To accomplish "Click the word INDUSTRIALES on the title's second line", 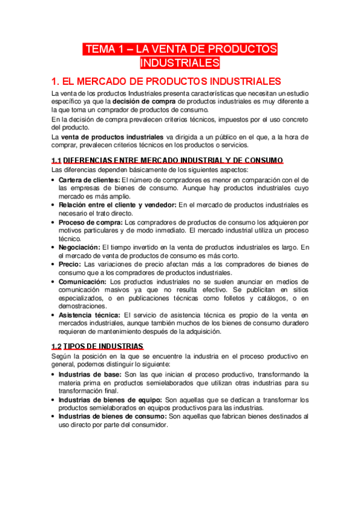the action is click(x=180, y=63).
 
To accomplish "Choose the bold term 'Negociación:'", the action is click(x=80, y=247).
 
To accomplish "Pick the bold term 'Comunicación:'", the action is click(x=83, y=281).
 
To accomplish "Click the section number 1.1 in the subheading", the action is click(x=56, y=160).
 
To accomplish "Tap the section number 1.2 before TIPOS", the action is click(x=56, y=346).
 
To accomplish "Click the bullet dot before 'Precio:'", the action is click(x=53, y=265).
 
